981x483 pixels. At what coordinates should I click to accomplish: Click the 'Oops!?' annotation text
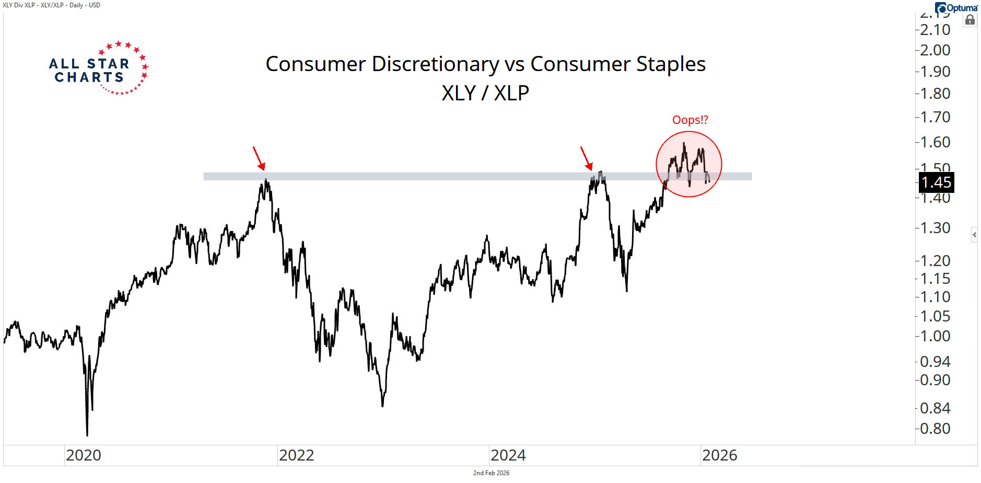[690, 120]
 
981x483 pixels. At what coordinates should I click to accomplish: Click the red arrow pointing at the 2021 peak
[259, 158]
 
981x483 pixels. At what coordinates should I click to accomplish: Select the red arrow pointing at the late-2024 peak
[586, 158]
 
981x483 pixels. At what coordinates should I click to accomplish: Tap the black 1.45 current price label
[936, 182]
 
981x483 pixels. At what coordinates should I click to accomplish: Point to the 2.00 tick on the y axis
[935, 50]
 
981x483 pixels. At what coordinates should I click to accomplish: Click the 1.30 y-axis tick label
[935, 228]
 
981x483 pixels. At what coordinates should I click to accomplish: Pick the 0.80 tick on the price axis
[935, 429]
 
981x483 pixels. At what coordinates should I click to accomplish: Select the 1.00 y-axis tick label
[935, 336]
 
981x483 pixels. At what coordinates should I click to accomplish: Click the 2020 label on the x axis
[84, 455]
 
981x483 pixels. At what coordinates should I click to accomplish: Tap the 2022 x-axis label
[296, 455]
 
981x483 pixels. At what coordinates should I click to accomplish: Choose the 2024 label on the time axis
[508, 455]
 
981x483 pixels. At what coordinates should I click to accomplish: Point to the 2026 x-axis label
[719, 455]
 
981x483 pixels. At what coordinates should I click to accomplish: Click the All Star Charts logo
[98, 68]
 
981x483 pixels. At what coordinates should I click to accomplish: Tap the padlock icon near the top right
[970, 20]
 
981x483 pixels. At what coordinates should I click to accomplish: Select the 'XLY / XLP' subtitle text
[485, 93]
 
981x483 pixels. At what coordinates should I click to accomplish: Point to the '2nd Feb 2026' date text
[491, 473]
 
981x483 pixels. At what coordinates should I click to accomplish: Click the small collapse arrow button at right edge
[974, 235]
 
